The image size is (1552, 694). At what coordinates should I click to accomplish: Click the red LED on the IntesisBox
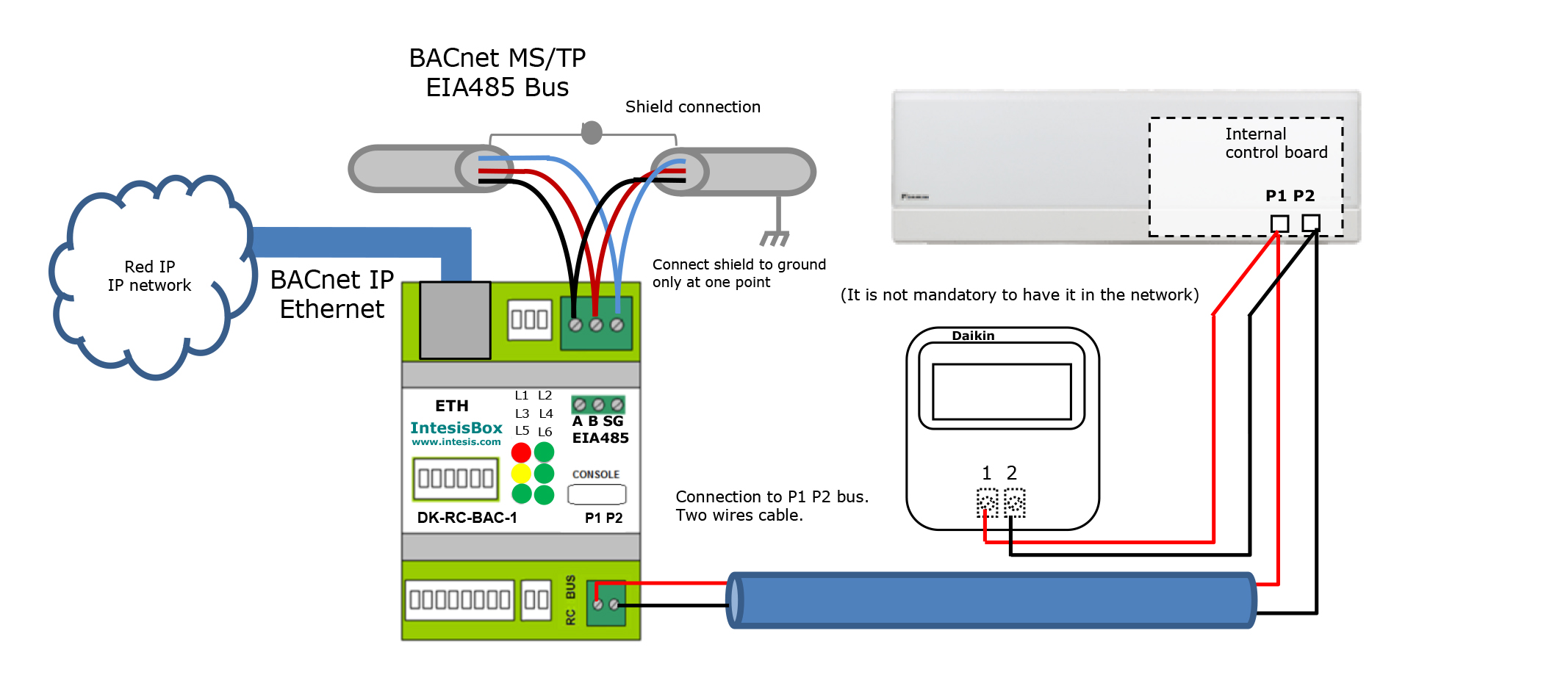tap(521, 452)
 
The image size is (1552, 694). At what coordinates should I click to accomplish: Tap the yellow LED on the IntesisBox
tap(521, 474)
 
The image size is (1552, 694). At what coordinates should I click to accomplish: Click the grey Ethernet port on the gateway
tap(455, 320)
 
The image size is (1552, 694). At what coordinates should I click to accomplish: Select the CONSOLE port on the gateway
tap(597, 494)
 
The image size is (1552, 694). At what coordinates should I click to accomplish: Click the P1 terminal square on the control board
tap(1279, 223)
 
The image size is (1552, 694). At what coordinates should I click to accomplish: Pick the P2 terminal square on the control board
tap(1311, 223)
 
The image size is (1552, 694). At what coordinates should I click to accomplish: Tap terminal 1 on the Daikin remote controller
tap(987, 502)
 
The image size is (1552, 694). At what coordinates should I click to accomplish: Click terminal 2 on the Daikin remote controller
tap(1014, 502)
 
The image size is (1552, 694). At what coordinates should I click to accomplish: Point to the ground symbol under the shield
tap(775, 237)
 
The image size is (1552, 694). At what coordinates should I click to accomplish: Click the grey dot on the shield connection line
tap(592, 133)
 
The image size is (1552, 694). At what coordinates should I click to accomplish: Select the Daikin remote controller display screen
tap(1002, 391)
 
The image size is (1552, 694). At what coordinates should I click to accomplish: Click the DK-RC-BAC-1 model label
tap(467, 518)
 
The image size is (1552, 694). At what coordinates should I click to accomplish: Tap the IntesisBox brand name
tap(456, 427)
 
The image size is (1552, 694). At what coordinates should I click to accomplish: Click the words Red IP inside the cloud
tap(150, 267)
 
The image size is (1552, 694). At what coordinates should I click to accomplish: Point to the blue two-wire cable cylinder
tap(992, 600)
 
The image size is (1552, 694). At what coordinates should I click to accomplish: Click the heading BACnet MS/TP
tap(497, 58)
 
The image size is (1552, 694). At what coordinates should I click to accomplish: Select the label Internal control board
tap(1276, 143)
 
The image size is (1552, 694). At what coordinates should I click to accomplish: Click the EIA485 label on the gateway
tap(600, 438)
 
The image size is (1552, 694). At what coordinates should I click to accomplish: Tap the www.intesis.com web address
tap(456, 442)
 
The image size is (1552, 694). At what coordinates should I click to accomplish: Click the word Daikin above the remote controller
tap(973, 336)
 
